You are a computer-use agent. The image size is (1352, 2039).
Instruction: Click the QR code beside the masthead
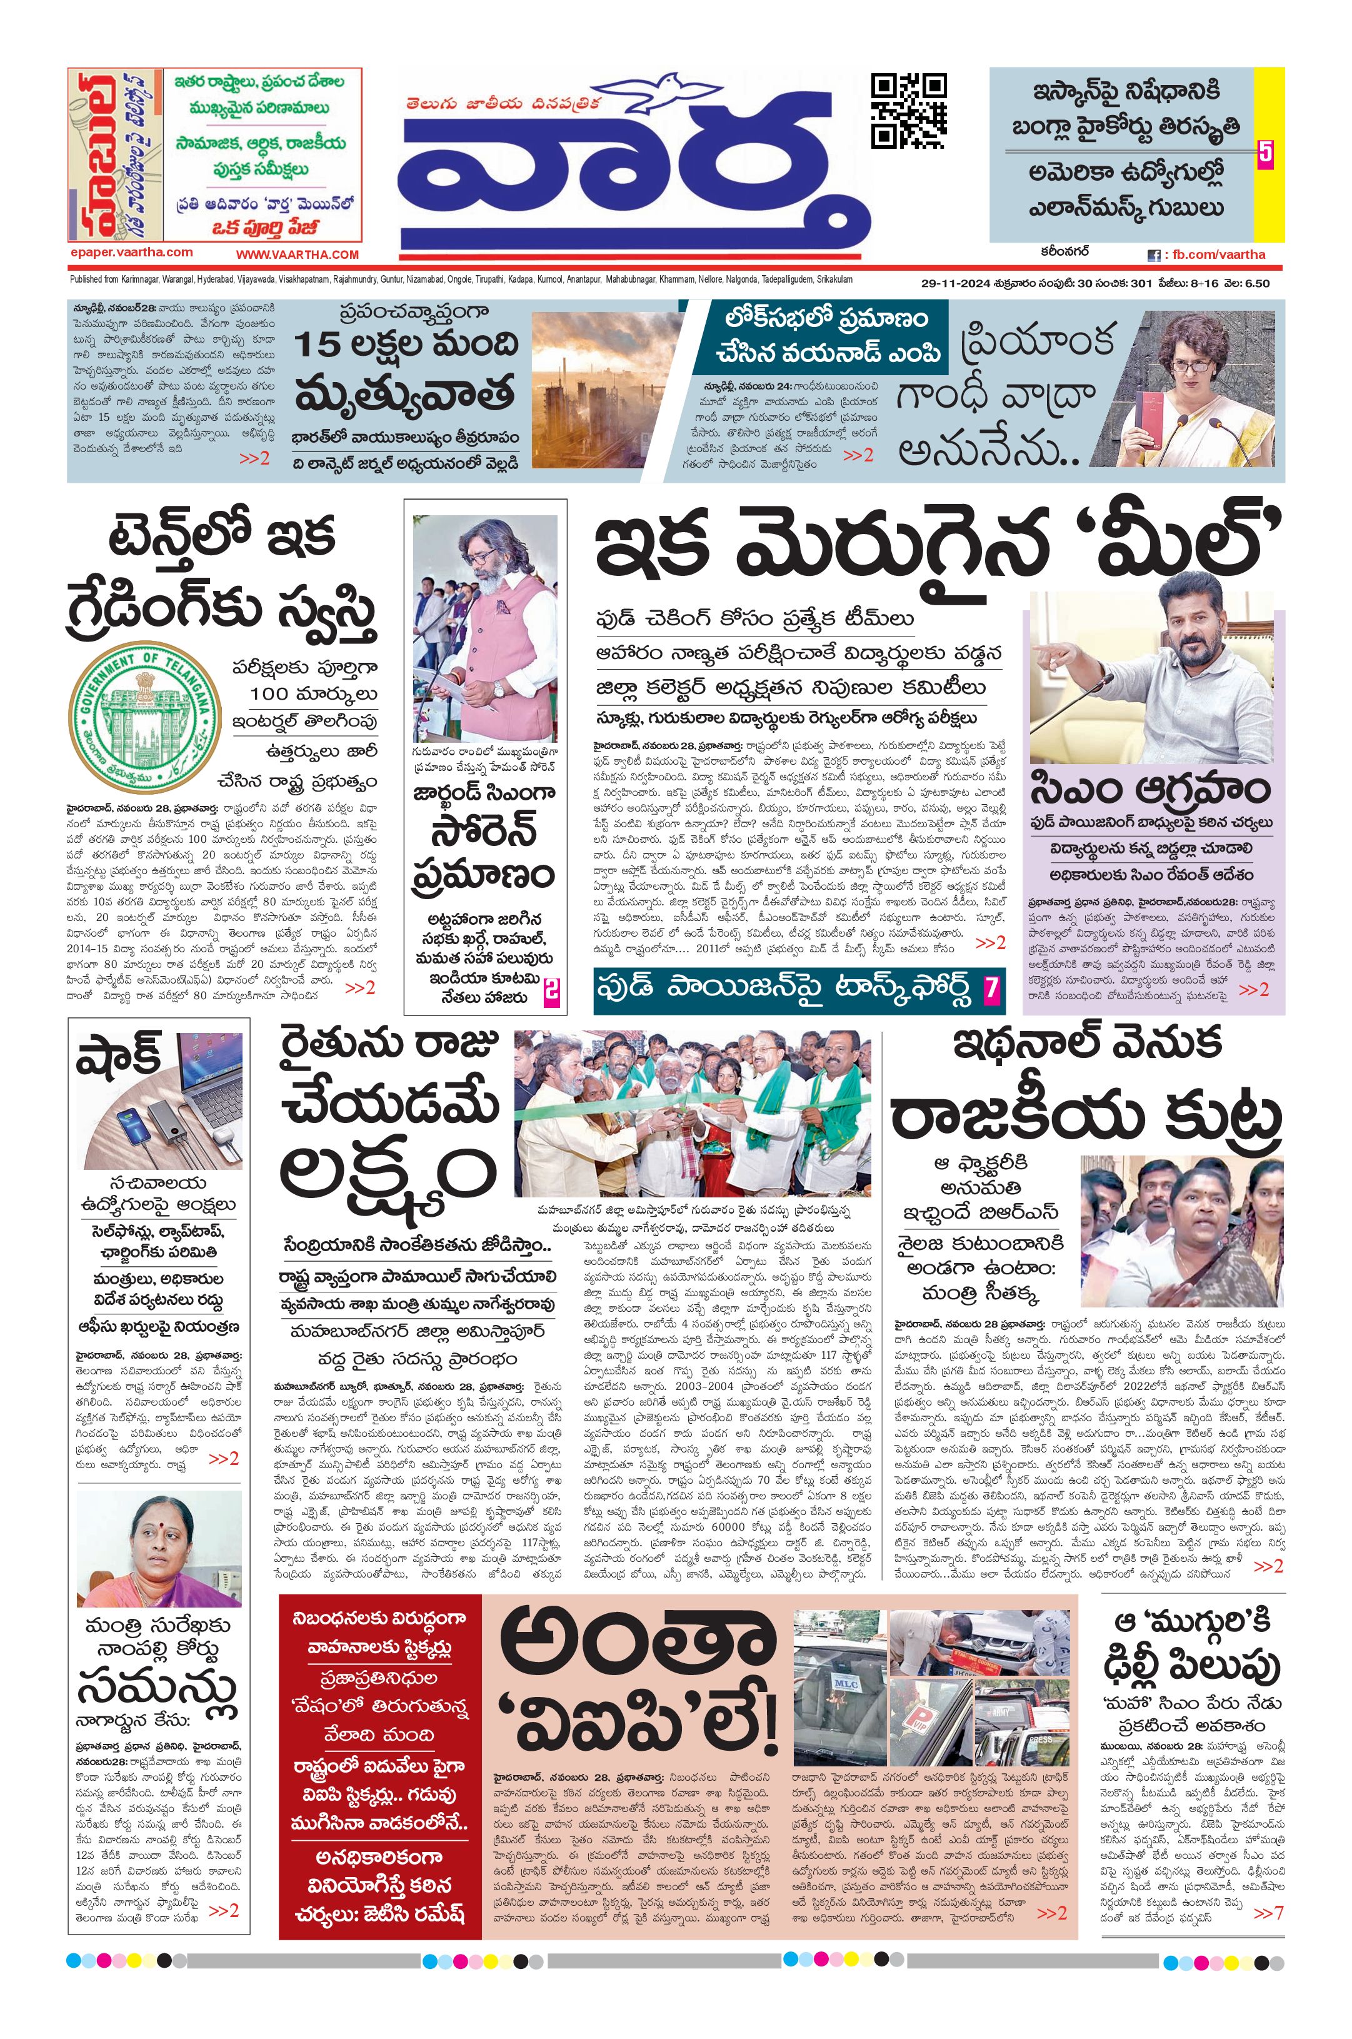tap(908, 111)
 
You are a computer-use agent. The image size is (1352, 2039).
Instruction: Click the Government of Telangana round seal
tap(143, 712)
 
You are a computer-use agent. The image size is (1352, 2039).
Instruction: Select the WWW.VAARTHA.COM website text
tap(298, 254)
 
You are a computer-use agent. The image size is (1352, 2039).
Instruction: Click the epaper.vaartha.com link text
tap(132, 252)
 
